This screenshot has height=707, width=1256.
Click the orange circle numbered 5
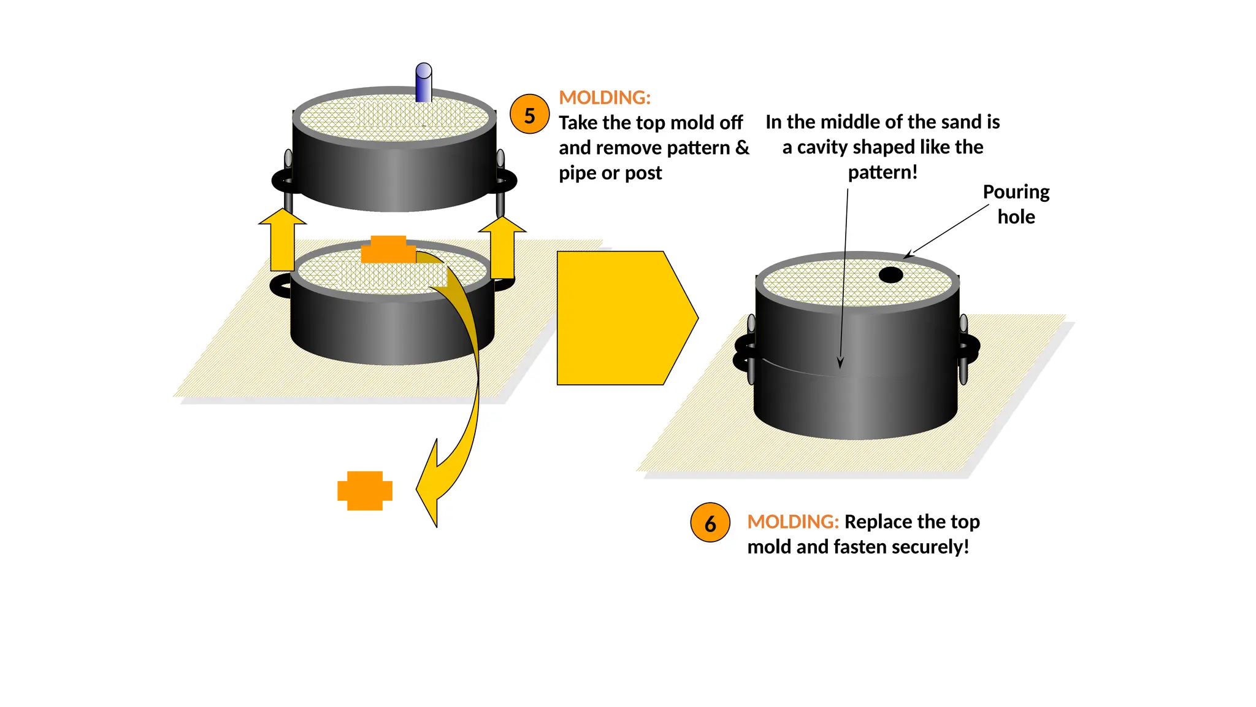tap(529, 115)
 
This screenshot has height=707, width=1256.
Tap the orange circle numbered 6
tap(710, 523)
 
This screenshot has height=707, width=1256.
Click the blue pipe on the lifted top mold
tap(423, 82)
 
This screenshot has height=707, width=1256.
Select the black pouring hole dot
tap(890, 275)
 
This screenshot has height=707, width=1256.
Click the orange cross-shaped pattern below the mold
tap(365, 490)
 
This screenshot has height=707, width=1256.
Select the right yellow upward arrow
tap(502, 248)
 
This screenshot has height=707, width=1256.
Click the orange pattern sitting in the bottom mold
tap(388, 249)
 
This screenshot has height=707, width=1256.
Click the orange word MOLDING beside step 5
tap(604, 98)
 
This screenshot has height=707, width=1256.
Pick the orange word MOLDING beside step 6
tap(792, 522)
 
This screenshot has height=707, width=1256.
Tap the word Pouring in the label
tap(1016, 192)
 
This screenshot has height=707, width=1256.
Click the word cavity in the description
tap(825, 147)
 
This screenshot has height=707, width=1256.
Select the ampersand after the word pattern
tap(742, 148)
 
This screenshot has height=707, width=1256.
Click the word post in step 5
tap(643, 173)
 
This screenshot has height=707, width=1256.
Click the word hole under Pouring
tap(1016, 217)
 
